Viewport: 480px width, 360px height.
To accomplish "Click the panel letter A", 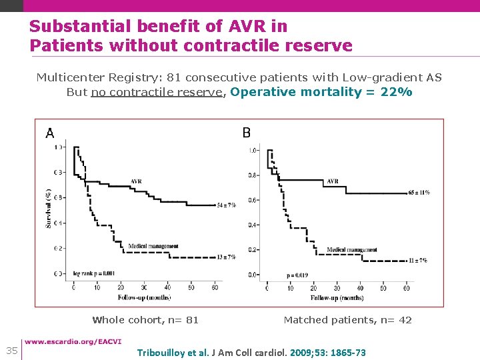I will pyautogui.click(x=50, y=133).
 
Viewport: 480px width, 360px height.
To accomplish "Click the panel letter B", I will pyautogui.click(x=247, y=133).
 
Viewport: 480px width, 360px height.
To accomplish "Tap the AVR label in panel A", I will pyautogui.click(x=136, y=181).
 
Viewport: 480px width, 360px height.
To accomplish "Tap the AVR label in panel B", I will pyautogui.click(x=333, y=181).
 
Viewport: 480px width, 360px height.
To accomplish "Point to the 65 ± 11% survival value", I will pyautogui.click(x=418, y=192).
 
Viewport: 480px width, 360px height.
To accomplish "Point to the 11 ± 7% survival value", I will pyautogui.click(x=418, y=260).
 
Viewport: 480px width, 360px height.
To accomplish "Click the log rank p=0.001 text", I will pyautogui.click(x=93, y=273).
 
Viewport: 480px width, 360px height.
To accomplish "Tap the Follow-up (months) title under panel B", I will pyautogui.click(x=337, y=297).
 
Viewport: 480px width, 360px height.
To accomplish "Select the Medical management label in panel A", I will pyautogui.click(x=153, y=246).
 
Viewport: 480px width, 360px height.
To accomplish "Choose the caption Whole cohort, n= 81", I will pyautogui.click(x=145, y=320).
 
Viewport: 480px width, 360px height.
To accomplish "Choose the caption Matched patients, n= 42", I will pyautogui.click(x=347, y=320).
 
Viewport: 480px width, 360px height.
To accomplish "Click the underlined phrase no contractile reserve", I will pyautogui.click(x=157, y=92).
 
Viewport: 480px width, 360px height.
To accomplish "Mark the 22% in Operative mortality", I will pyautogui.click(x=396, y=92).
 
